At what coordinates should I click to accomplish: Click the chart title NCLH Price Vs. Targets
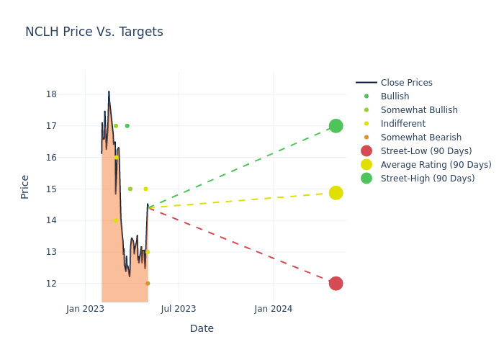(94, 32)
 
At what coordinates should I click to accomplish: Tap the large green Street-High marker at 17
(336, 126)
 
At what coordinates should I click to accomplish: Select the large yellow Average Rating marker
(336, 193)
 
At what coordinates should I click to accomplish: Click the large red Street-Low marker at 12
(336, 284)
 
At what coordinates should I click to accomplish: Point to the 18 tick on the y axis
(52, 94)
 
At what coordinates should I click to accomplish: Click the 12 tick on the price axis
(52, 284)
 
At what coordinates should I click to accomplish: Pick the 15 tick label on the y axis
(52, 189)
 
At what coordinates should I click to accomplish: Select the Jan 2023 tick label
(85, 309)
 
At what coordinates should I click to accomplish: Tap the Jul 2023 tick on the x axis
(179, 309)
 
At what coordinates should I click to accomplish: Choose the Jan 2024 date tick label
(274, 309)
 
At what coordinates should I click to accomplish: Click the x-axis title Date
(202, 328)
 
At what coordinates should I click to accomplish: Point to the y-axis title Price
(25, 186)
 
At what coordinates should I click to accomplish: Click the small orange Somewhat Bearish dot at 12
(148, 284)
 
